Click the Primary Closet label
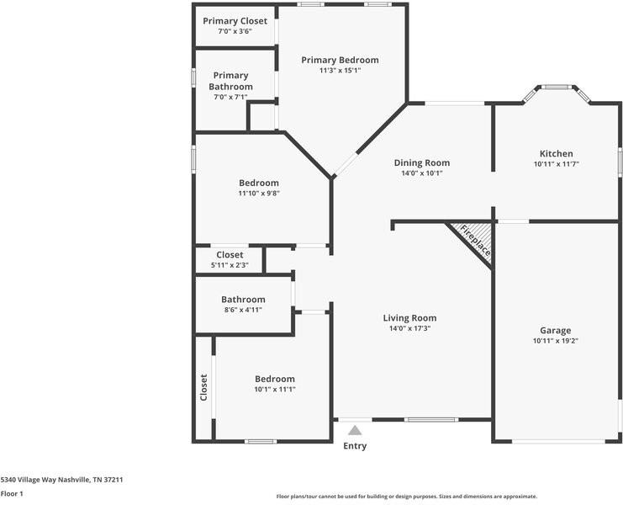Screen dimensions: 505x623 click(235, 21)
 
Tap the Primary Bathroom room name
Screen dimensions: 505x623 click(230, 81)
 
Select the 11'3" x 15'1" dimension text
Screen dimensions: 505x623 click(340, 71)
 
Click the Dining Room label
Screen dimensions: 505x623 click(421, 162)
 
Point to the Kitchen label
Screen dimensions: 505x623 click(556, 154)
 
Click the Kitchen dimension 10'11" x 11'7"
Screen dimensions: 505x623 click(556, 165)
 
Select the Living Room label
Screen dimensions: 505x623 click(409, 318)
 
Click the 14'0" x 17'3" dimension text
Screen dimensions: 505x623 click(409, 329)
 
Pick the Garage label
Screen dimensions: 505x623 click(555, 331)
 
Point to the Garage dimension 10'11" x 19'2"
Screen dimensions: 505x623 click(555, 341)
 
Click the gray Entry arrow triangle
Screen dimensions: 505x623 click(355, 430)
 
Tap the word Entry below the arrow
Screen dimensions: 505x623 click(355, 446)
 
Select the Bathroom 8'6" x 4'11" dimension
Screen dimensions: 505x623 click(243, 310)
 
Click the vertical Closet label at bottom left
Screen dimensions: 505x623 click(203, 388)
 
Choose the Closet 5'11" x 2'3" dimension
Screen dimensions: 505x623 click(230, 265)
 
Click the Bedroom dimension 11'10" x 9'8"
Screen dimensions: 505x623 click(258, 194)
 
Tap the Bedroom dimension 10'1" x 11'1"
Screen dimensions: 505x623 click(275, 389)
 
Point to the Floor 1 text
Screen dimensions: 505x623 click(12, 494)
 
